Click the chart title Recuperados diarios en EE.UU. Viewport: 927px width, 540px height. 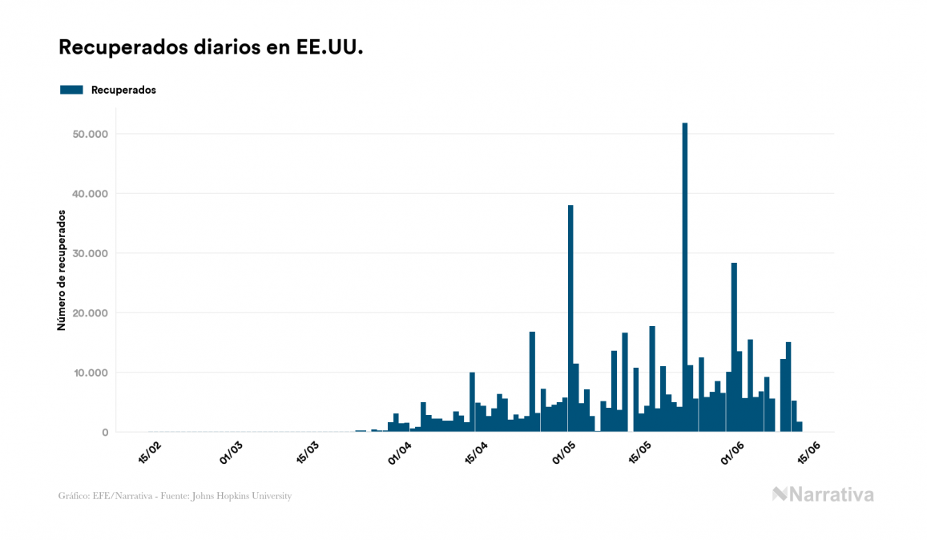[211, 47]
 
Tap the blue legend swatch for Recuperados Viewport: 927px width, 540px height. [71, 90]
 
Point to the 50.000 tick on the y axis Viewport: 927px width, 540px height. [90, 134]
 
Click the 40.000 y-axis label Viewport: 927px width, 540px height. [90, 194]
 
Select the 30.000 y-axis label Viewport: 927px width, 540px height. [90, 253]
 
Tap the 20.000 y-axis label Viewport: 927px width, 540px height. [90, 313]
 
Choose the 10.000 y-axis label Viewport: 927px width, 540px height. [90, 373]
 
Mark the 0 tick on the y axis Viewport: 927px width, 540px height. [104, 433]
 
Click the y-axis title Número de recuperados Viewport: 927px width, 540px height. [62, 270]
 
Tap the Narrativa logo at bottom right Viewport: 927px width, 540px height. [823, 494]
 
